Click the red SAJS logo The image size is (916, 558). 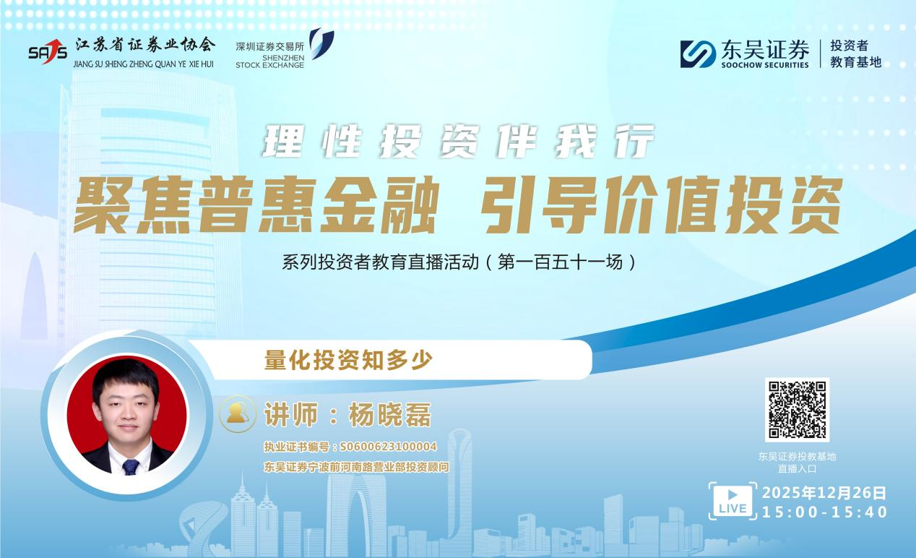tap(48, 51)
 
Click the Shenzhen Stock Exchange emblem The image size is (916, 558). tap(321, 43)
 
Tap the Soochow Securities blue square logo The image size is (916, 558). tap(697, 54)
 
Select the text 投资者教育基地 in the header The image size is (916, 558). tap(855, 54)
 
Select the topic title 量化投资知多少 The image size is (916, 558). tap(348, 360)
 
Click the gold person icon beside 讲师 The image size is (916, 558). tap(238, 414)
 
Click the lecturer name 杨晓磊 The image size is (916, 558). tap(389, 416)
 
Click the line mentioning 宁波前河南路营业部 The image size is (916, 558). tap(356, 467)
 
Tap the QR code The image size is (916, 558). tap(797, 409)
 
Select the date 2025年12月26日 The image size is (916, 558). tap(824, 493)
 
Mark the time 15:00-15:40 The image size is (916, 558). tap(824, 512)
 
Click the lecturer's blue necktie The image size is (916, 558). tap(131, 466)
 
